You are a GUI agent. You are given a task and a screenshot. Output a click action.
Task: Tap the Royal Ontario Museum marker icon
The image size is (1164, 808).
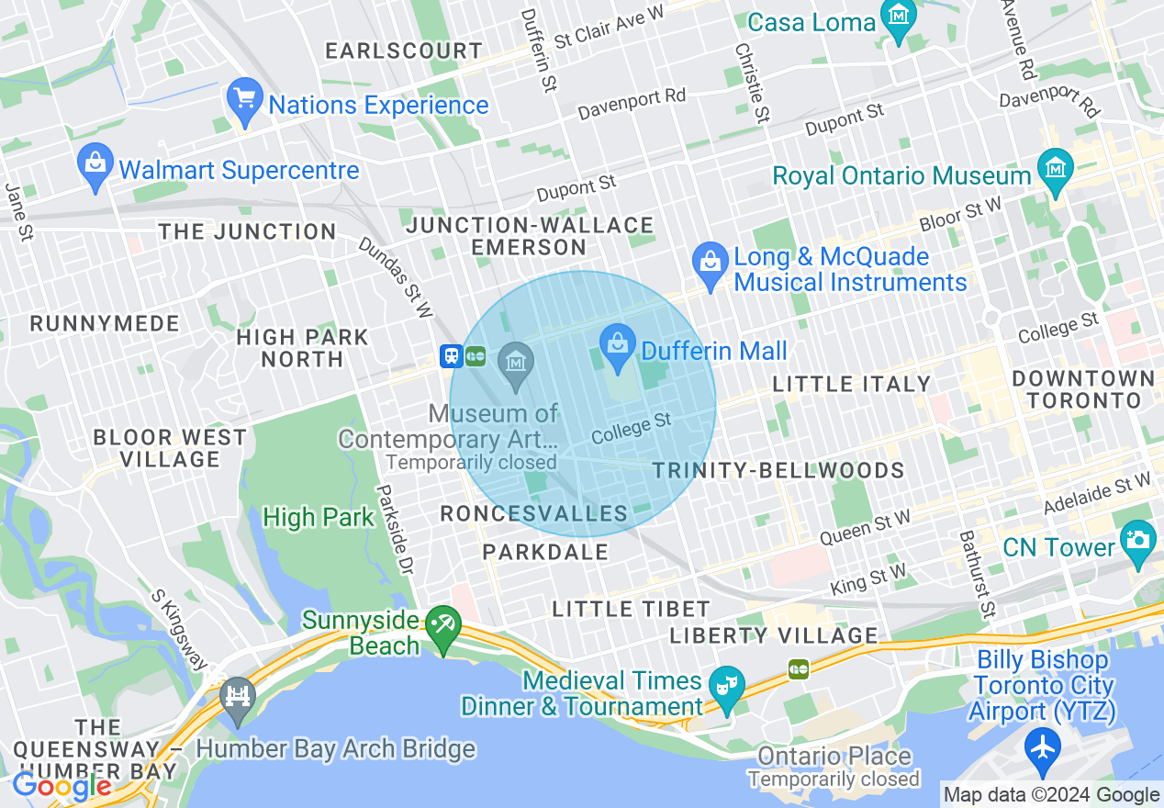[x=1055, y=170]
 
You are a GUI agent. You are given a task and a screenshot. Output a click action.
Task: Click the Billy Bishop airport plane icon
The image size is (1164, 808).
[x=1043, y=744]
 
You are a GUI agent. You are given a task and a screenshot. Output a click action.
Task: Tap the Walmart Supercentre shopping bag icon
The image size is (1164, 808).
[x=95, y=164]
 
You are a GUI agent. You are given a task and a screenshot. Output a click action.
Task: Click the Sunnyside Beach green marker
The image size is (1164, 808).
[x=444, y=626]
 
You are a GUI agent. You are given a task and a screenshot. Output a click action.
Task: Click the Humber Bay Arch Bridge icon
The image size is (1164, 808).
[x=238, y=693]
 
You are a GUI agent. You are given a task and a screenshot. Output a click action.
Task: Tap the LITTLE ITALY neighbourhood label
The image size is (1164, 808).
[x=852, y=384]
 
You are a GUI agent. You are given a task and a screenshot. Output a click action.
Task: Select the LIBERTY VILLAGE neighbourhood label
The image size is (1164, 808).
[x=773, y=635]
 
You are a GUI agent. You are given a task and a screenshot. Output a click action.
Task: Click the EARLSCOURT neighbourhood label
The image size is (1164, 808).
[x=403, y=50]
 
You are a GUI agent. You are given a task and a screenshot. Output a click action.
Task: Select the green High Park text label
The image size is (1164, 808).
[x=319, y=518]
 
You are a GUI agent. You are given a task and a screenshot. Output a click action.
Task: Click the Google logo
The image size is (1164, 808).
[x=62, y=787]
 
